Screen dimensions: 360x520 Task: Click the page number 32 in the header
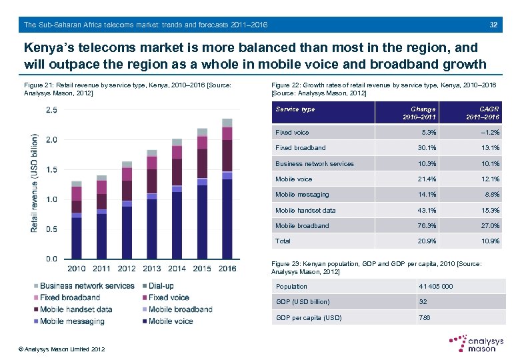493,25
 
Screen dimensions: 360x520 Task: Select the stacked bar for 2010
77,219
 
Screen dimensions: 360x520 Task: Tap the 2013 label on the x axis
152,268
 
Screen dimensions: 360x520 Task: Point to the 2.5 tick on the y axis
51,111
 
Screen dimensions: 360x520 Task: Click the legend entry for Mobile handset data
75,309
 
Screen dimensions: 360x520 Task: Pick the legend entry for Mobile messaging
71,321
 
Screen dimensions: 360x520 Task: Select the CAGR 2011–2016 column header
483,113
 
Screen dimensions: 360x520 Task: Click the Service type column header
295,109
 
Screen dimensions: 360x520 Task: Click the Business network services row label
315,163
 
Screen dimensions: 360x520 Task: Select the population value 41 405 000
436,286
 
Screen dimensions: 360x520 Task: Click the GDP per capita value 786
425,317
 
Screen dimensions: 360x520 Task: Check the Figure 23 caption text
380,268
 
